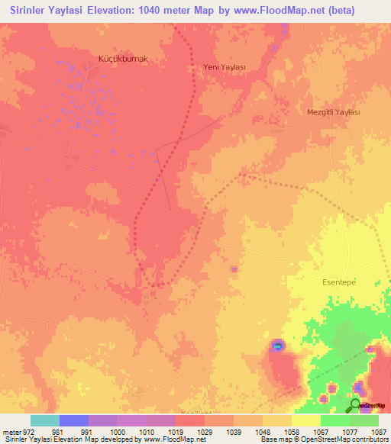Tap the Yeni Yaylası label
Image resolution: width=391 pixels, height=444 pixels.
[x=224, y=67]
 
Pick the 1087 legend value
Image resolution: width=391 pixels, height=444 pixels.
[x=379, y=431]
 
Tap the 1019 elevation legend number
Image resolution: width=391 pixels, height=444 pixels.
[x=176, y=431]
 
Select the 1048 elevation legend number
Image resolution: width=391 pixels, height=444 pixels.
[x=262, y=431]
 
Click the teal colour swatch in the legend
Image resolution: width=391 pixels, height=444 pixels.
[x=44, y=420]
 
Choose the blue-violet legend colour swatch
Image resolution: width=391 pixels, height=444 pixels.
[x=73, y=420]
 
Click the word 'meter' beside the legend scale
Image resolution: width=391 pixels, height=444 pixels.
[x=8, y=431]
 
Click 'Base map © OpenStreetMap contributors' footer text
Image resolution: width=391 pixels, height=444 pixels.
[x=324, y=439]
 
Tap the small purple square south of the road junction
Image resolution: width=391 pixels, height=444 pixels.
[x=234, y=269]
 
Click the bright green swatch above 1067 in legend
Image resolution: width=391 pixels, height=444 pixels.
[x=334, y=420]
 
